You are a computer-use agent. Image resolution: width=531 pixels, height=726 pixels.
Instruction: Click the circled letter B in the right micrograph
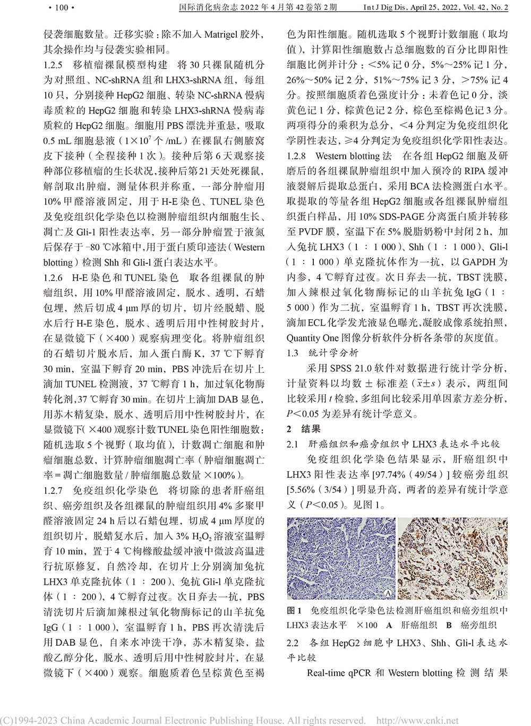500,593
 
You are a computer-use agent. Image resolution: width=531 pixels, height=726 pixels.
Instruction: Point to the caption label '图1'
294,610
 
